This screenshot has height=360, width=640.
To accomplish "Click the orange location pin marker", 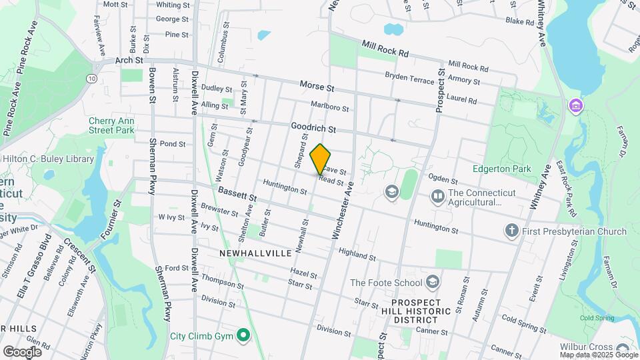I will pyautogui.click(x=321, y=159).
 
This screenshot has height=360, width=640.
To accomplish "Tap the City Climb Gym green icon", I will pyautogui.click(x=244, y=335).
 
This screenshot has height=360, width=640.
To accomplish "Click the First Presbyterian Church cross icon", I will pyautogui.click(x=511, y=231).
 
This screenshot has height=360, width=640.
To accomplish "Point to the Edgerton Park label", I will pyautogui.click(x=501, y=169).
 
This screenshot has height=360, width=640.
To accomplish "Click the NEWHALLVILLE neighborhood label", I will pyautogui.click(x=255, y=253).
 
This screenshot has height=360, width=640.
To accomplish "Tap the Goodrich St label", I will pyautogui.click(x=313, y=127).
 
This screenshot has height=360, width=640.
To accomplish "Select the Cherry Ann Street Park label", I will pyautogui.click(x=111, y=125).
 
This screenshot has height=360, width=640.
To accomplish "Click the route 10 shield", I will pyautogui.click(x=91, y=79).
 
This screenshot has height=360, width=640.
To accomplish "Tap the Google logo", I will pyautogui.click(x=22, y=351).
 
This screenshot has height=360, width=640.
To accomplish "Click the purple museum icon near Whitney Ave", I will pyautogui.click(x=575, y=105).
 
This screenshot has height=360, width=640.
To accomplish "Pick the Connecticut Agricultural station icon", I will pyautogui.click(x=437, y=195).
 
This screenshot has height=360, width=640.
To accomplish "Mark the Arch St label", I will pyautogui.click(x=129, y=60).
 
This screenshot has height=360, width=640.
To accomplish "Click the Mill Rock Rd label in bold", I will pyautogui.click(x=385, y=48).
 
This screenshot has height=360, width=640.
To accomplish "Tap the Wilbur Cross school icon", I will pyautogui.click(x=622, y=349).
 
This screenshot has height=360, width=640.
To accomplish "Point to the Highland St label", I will pyautogui.click(x=357, y=254).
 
